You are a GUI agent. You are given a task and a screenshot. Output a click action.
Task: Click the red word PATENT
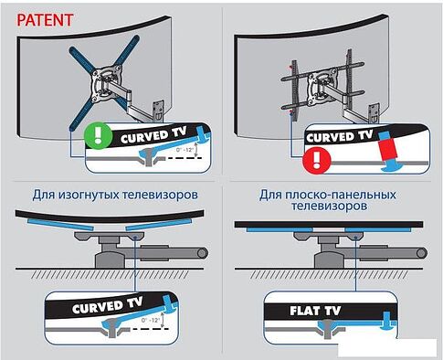[38, 17]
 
